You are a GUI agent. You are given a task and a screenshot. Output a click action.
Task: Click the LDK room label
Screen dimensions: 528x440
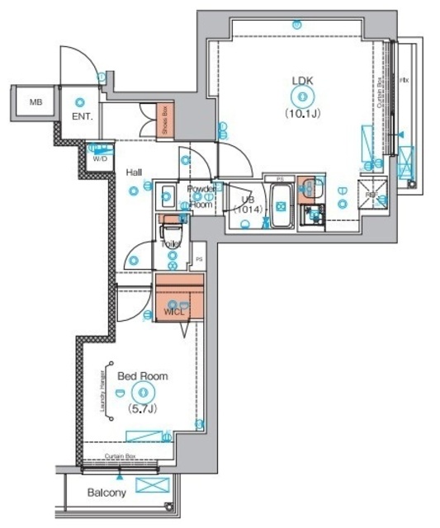coord(302,81)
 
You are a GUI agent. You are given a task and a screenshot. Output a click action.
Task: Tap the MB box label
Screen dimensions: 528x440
coord(35,103)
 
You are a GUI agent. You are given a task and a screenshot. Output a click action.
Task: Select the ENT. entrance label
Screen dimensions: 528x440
coord(82,117)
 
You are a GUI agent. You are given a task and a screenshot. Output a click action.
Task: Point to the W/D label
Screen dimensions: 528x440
coord(100,158)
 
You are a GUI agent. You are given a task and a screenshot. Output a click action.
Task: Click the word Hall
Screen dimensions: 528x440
coord(135,173)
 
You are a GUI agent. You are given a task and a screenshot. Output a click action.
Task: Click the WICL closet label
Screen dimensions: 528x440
coord(174,312)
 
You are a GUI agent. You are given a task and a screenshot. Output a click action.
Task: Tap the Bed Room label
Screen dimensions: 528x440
coord(142,376)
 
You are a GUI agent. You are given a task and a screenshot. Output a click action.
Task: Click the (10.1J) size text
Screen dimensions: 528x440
coord(302,112)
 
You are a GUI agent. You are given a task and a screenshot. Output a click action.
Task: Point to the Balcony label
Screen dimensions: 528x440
coord(106,493)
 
